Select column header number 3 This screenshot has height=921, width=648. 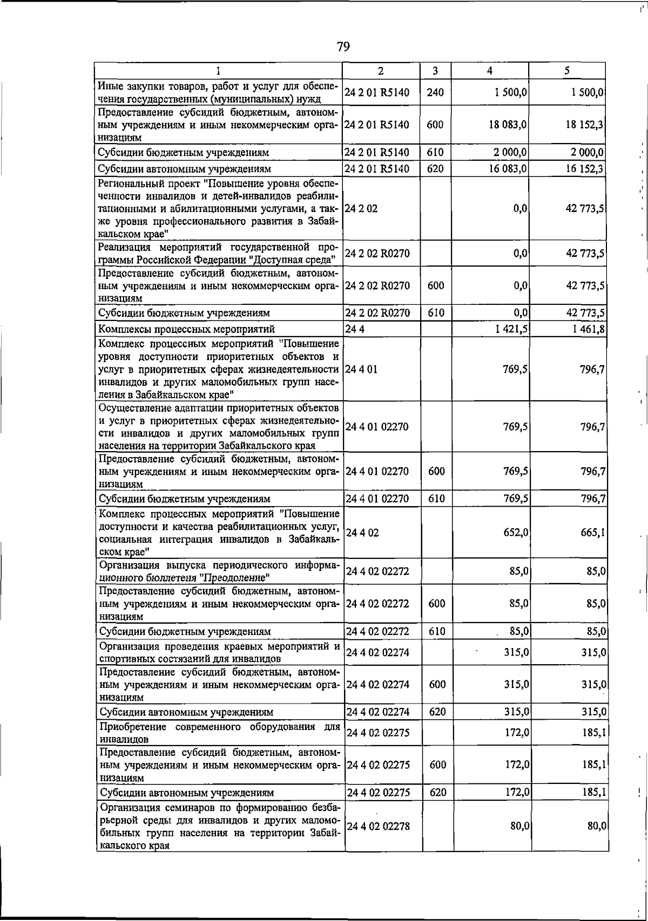(x=435, y=71)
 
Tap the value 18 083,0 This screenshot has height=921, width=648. (x=509, y=125)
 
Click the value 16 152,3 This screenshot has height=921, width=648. (x=585, y=168)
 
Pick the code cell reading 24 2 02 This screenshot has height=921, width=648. (x=361, y=208)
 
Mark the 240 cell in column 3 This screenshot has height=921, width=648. (x=435, y=92)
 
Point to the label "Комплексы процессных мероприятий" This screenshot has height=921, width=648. (x=186, y=329)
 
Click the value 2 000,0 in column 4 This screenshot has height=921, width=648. (x=509, y=153)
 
